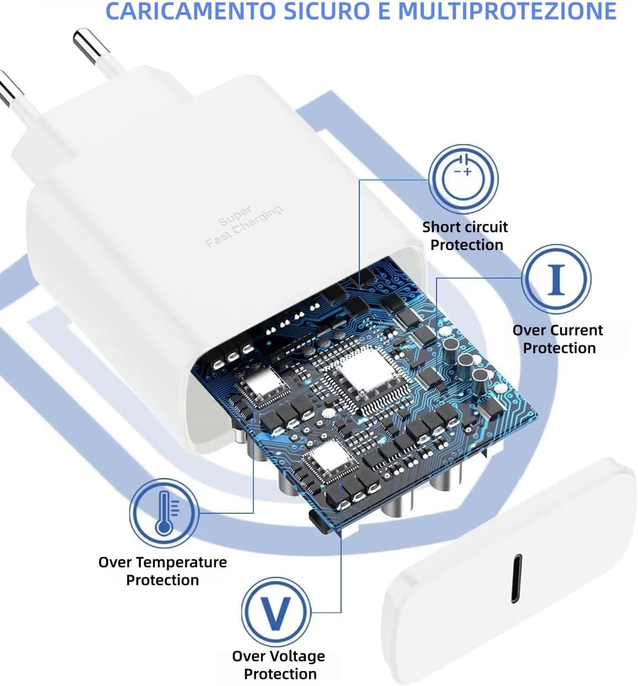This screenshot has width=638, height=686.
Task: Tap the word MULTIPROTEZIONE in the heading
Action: tap(506, 11)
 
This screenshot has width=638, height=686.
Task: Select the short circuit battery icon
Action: tap(463, 178)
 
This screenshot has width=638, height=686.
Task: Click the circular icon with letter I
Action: tap(556, 279)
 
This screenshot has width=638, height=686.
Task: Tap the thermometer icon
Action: tap(164, 513)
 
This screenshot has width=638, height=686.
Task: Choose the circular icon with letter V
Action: tap(275, 612)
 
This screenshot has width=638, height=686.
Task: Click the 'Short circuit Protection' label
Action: tap(465, 236)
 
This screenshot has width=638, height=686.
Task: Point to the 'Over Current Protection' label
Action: tap(558, 339)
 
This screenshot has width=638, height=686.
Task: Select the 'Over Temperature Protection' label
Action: tap(162, 571)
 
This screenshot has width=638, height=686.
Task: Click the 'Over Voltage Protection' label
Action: tap(279, 665)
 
